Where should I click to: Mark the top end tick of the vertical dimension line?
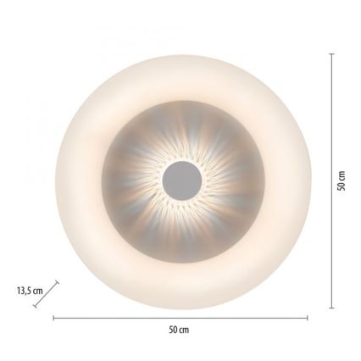tap(330, 53)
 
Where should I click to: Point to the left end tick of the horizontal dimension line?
tap(53, 318)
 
